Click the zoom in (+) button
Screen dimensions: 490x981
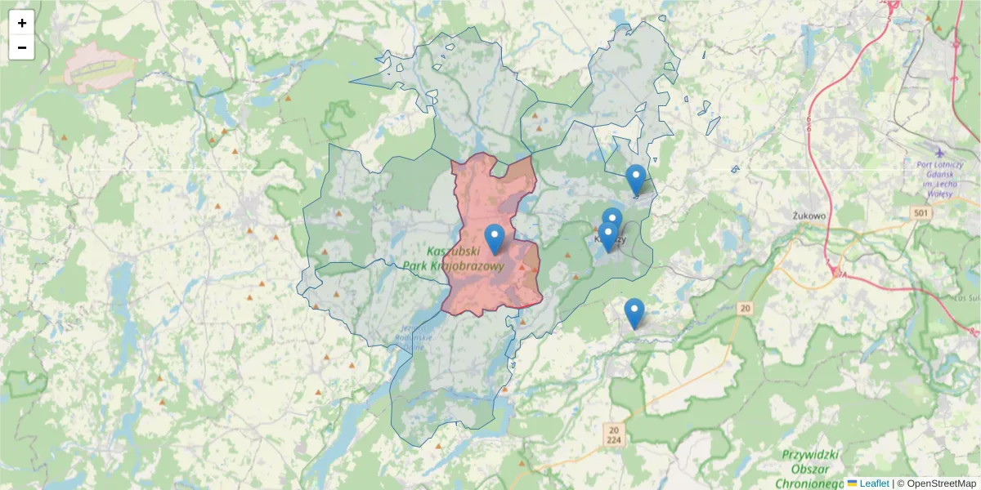[22, 23]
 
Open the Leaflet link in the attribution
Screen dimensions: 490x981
[874, 483]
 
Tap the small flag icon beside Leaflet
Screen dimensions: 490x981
[853, 483]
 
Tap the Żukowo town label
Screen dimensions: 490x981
[810, 216]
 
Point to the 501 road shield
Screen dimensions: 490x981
[921, 213]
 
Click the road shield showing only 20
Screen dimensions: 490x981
[744, 308]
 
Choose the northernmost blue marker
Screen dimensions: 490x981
[636, 178]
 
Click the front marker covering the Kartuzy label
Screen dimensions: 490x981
[607, 236]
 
